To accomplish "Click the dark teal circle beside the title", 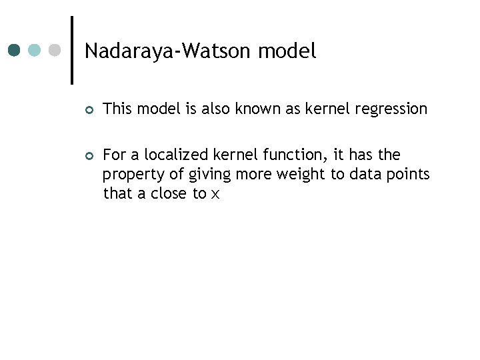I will click(x=15, y=50).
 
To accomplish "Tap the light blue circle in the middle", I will click(x=35, y=50).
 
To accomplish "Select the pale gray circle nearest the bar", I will click(x=55, y=50).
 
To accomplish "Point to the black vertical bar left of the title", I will click(x=71, y=50).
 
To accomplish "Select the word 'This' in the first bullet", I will click(x=118, y=109).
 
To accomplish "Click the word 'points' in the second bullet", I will click(x=409, y=175).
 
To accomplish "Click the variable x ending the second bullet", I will click(x=215, y=195).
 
